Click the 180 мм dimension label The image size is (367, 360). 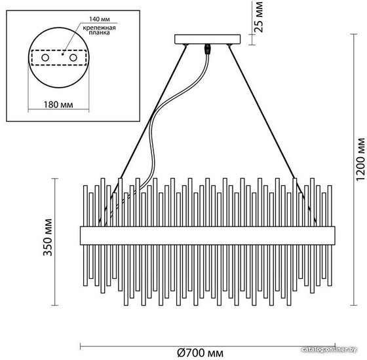(x=58, y=105)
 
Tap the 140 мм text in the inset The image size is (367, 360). (x=100, y=19)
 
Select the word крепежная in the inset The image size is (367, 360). (x=99, y=28)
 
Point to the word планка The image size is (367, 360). (x=99, y=33)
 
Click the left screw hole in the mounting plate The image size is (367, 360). (x=45, y=58)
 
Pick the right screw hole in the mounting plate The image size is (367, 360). (x=73, y=58)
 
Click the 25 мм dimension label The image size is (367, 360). (x=259, y=17)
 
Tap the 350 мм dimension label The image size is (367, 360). (x=48, y=237)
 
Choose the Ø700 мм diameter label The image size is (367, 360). (x=201, y=353)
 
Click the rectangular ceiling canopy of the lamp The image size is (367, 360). (x=208, y=39)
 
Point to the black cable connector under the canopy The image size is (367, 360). (x=207, y=49)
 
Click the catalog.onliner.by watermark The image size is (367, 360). (x=329, y=350)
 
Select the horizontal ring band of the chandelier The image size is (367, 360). (x=208, y=236)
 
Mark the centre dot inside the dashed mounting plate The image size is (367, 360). (x=62, y=54)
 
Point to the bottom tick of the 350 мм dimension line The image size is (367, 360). (x=55, y=305)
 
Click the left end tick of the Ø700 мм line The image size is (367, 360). (x=80, y=346)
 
